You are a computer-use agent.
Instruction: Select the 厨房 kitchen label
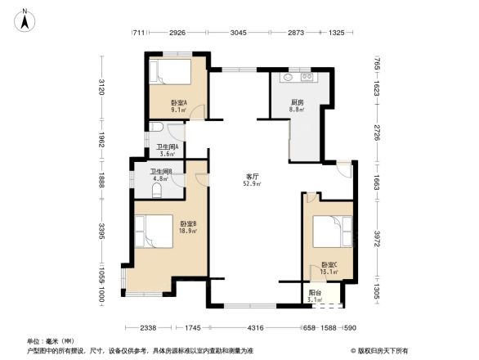[298, 103]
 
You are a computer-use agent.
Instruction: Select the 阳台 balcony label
[315, 292]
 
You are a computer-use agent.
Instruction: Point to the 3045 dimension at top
[238, 32]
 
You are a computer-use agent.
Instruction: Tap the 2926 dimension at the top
[177, 32]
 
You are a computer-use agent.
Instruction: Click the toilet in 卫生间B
[158, 190]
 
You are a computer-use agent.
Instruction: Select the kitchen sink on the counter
[288, 78]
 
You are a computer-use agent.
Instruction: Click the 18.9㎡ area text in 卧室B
[186, 231]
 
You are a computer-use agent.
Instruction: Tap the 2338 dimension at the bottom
[147, 327]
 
